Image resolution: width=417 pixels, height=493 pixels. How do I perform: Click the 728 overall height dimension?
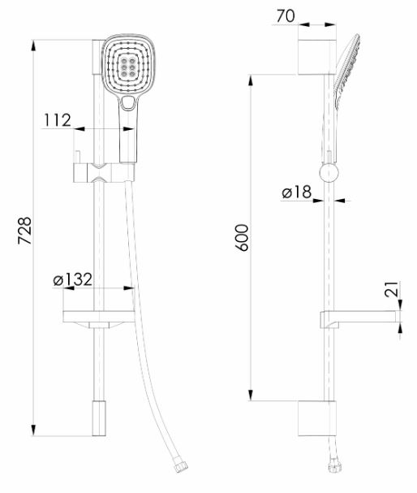click(x=25, y=231)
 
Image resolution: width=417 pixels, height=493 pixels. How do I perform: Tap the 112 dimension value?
click(x=58, y=120)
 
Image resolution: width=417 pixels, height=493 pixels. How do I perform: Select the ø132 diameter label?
click(x=72, y=279)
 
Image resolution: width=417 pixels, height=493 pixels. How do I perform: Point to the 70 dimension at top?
click(x=286, y=16)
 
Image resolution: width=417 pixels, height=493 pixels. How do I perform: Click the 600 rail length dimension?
click(x=242, y=238)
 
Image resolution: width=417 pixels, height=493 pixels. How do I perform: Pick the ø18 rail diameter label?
click(x=297, y=192)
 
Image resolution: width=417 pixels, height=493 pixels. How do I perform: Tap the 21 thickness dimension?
click(x=392, y=289)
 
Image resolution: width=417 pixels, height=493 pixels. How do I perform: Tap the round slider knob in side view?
click(x=329, y=173)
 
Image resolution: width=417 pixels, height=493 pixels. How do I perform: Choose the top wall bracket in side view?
click(x=317, y=57)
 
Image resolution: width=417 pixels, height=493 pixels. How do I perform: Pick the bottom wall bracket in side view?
click(x=317, y=418)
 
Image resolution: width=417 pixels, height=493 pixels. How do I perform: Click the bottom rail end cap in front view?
click(x=99, y=418)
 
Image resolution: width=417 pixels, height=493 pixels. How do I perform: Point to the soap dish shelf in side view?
click(x=360, y=319)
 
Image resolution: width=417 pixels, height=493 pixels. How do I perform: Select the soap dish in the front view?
click(x=99, y=320)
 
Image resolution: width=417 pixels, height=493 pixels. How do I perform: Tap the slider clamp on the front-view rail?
click(x=104, y=173)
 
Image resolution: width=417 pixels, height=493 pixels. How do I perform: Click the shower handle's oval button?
click(x=128, y=102)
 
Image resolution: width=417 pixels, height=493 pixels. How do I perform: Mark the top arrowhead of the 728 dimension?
click(x=33, y=45)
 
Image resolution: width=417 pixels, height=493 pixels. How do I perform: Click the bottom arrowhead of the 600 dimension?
click(x=251, y=396)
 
